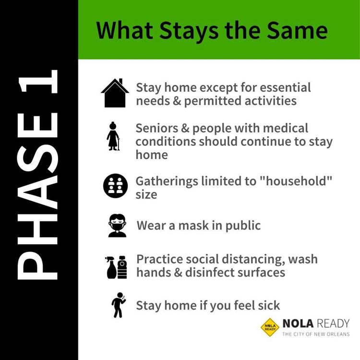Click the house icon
115,93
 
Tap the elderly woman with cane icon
113,136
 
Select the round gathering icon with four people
115,186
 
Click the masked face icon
117,226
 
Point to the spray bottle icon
111,267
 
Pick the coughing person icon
119,305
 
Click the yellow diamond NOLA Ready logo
270,327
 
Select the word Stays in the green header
188,32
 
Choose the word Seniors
157,128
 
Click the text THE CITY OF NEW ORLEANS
316,334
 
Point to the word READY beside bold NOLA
333,324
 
